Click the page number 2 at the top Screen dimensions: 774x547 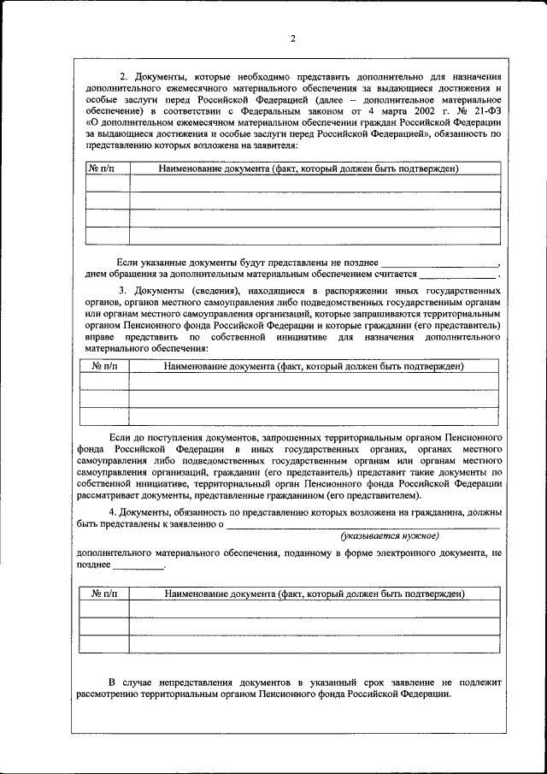[291, 38]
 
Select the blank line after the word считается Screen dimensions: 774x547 [457, 275]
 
